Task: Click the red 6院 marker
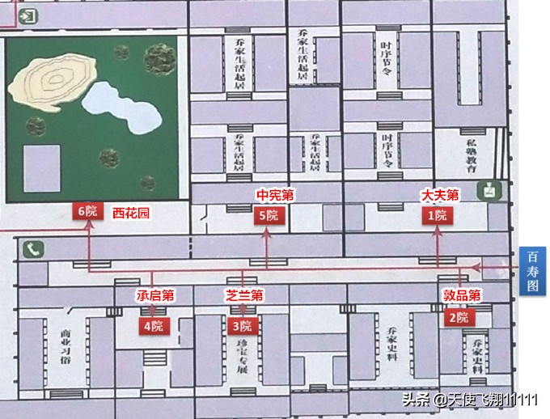click(87, 212)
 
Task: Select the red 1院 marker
click(438, 215)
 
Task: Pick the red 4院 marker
click(151, 327)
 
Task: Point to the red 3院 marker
click(242, 327)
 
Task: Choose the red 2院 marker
click(458, 318)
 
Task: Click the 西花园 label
click(131, 213)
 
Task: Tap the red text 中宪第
click(275, 196)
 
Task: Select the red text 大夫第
click(440, 196)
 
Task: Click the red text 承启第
click(155, 295)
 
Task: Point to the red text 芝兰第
click(245, 295)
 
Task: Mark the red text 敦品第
click(462, 295)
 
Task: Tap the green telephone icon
click(32, 249)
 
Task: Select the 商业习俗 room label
click(66, 346)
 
